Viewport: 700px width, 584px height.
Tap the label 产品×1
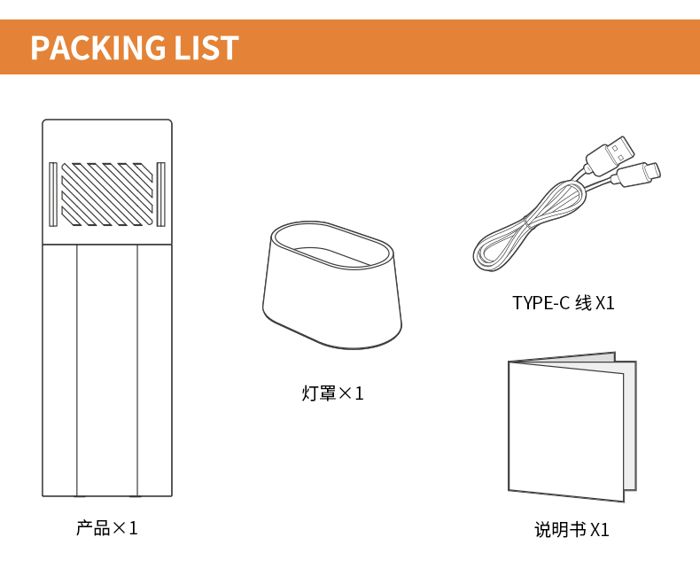107,528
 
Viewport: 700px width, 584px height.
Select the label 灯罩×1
332,393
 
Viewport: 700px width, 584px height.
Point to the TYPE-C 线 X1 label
564,303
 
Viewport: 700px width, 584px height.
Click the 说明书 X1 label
572,530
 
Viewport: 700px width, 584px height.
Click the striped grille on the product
106,194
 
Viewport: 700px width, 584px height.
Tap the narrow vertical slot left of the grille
52,194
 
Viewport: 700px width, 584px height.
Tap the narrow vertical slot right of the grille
160,194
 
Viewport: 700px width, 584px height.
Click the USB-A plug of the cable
611,155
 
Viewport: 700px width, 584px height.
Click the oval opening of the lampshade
332,245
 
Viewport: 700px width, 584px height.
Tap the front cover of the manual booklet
566,431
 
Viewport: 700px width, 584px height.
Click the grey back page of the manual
629,424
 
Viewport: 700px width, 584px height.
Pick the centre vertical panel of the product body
106,370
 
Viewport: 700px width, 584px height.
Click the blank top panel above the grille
107,141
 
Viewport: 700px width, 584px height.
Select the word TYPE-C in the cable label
541,303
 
